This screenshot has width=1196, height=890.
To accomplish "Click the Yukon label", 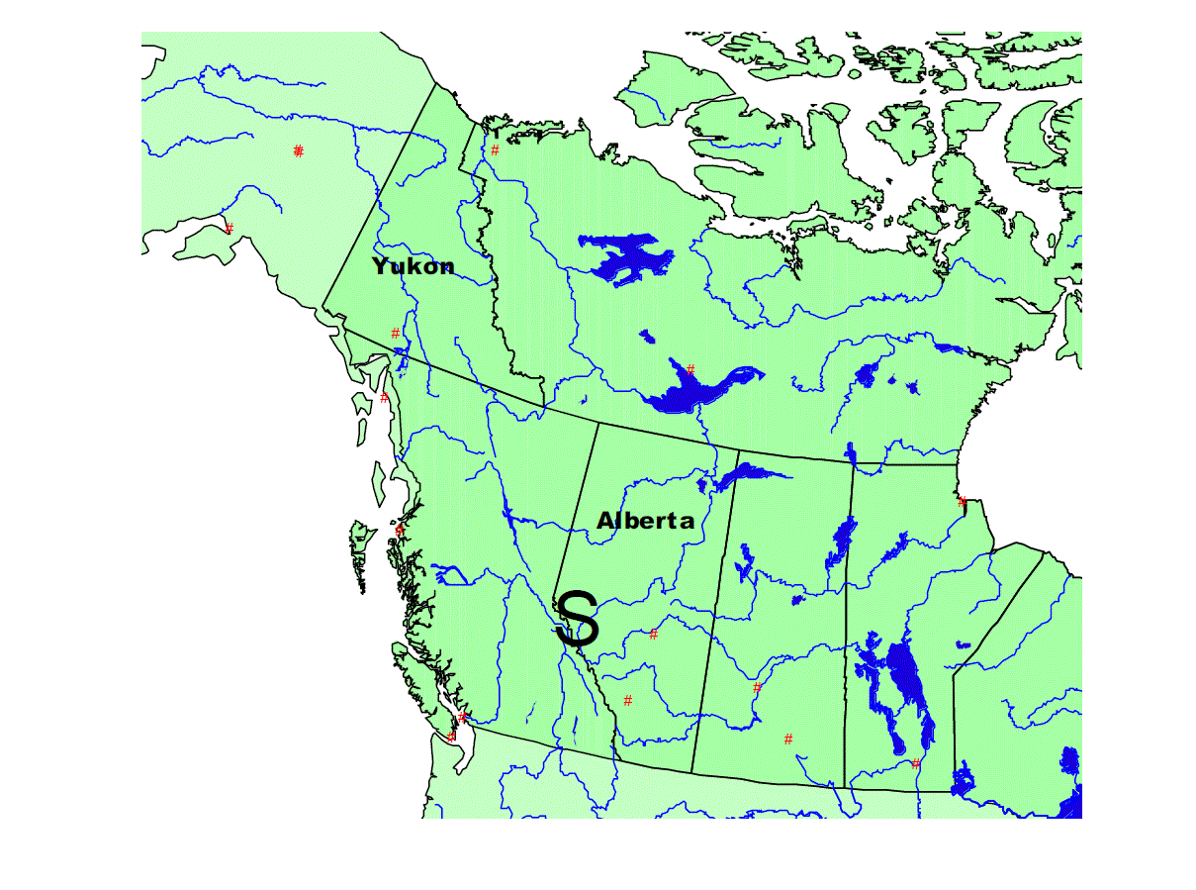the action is pyautogui.click(x=414, y=266).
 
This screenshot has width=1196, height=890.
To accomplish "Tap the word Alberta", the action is pyautogui.click(x=645, y=521).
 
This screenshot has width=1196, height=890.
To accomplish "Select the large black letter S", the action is pyautogui.click(x=577, y=620).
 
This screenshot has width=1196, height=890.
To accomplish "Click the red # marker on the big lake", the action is pyautogui.click(x=690, y=370).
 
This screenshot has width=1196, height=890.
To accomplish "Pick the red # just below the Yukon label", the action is pyautogui.click(x=396, y=333).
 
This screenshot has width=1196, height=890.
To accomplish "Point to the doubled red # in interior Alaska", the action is pyautogui.click(x=298, y=150).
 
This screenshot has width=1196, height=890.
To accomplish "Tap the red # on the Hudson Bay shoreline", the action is pyautogui.click(x=962, y=502).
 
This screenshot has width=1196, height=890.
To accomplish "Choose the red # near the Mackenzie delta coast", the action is pyautogui.click(x=495, y=150).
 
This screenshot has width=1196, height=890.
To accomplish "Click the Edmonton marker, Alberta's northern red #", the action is pyautogui.click(x=653, y=634).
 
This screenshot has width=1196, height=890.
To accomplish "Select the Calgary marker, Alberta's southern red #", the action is pyautogui.click(x=627, y=701).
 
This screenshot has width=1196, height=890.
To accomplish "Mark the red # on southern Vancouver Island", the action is pyautogui.click(x=451, y=737).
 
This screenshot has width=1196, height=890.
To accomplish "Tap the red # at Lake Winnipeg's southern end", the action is pyautogui.click(x=916, y=763).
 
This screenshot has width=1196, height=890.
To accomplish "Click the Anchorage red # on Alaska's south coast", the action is pyautogui.click(x=230, y=228).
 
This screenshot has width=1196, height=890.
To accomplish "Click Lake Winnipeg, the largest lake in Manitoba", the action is pyautogui.click(x=905, y=683).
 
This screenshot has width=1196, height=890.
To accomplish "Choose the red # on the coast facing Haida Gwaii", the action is pyautogui.click(x=400, y=531).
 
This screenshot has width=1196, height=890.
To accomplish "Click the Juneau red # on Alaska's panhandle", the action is pyautogui.click(x=385, y=398).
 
